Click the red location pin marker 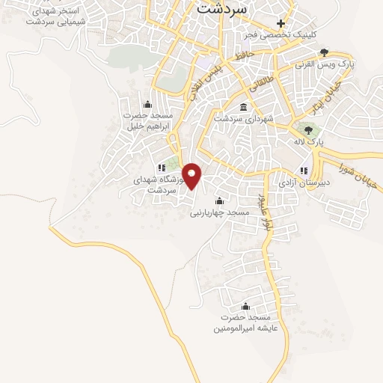[x=192, y=175]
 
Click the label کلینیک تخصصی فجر [x=281, y=35]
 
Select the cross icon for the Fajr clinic [x=281, y=24]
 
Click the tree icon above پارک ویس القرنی [x=323, y=52]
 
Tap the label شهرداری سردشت [x=244, y=118]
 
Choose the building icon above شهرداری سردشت [x=244, y=107]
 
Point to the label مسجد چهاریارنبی [x=218, y=212]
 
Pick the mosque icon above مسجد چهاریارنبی [x=218, y=200]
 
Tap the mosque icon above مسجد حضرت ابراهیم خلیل [x=147, y=104]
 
